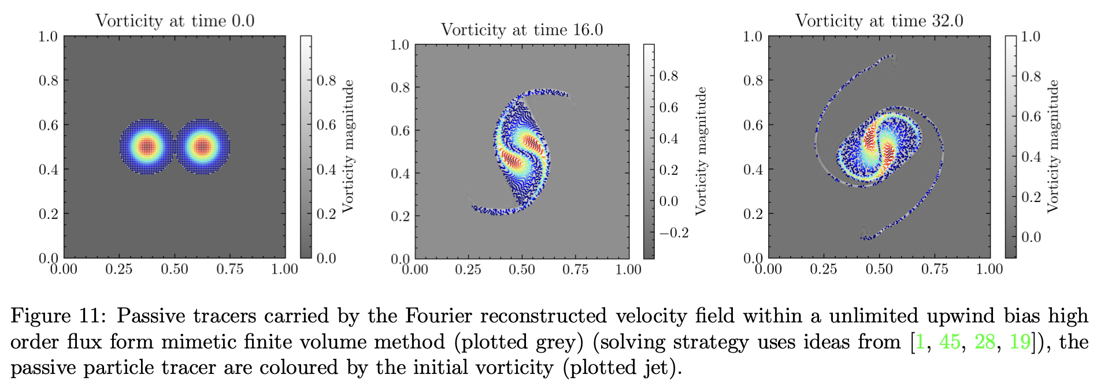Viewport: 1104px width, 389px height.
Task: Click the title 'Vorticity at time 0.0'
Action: pyautogui.click(x=175, y=21)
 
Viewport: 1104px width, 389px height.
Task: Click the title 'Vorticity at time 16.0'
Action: pyautogui.click(x=521, y=30)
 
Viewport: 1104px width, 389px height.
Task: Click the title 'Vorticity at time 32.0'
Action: pyautogui.click(x=879, y=21)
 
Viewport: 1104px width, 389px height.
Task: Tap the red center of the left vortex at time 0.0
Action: pyautogui.click(x=147, y=146)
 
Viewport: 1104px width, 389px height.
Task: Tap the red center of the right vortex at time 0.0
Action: pyautogui.click(x=202, y=146)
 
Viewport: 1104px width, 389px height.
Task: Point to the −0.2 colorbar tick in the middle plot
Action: pyautogui.click(x=674, y=233)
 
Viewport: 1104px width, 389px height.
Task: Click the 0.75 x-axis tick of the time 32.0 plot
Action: pyautogui.click(x=934, y=269)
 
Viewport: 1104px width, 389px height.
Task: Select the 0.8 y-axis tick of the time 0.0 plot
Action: pyautogui.click(x=49, y=80)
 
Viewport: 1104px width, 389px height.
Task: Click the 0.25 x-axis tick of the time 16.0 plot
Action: pyautogui.click(x=468, y=270)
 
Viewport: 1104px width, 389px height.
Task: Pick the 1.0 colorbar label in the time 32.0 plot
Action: pyautogui.click(x=1031, y=36)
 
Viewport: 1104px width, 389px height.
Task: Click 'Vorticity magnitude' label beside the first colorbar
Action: pyautogui.click(x=348, y=146)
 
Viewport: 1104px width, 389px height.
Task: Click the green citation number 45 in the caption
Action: pyautogui.click(x=950, y=342)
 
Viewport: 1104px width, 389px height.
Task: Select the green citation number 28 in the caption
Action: pyautogui.click(x=985, y=342)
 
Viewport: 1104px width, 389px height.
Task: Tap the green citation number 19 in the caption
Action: pyautogui.click(x=1020, y=342)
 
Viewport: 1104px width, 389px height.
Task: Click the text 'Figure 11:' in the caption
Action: pyautogui.click(x=58, y=316)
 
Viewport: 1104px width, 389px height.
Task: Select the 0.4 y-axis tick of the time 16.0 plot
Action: pyautogui.click(x=400, y=174)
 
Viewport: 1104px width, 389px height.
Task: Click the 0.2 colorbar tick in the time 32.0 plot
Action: pyautogui.click(x=1031, y=197)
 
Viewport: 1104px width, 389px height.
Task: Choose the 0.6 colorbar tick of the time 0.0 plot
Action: pyautogui.click(x=326, y=125)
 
